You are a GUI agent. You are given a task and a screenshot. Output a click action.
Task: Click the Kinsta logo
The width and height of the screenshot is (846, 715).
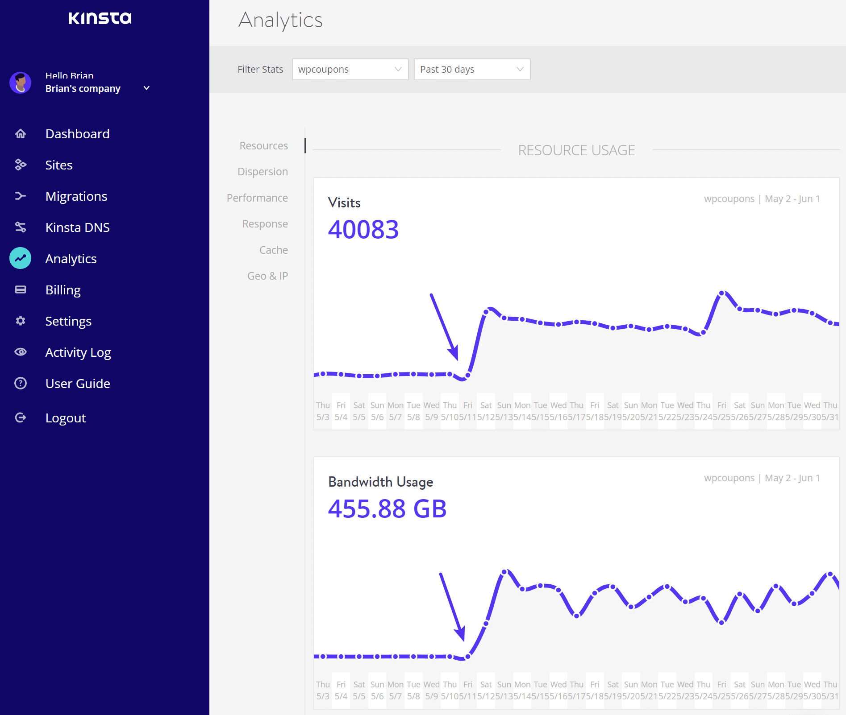[x=100, y=18]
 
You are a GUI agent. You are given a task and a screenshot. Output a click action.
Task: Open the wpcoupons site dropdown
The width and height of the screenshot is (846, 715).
[x=350, y=70]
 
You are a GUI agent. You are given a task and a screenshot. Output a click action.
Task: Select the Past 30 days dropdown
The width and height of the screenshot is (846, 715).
[x=472, y=70]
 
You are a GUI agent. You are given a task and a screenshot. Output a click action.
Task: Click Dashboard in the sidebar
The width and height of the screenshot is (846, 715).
[x=77, y=134]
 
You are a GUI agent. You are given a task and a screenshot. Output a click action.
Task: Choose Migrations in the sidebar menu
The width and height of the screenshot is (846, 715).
[x=76, y=196]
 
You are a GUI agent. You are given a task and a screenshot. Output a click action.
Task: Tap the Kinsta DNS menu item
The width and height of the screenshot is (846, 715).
[x=77, y=227]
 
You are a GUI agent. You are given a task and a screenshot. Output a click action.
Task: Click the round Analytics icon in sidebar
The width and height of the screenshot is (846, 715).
[x=21, y=258]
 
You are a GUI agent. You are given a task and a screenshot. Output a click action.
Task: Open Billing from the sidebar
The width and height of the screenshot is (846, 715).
[x=63, y=290]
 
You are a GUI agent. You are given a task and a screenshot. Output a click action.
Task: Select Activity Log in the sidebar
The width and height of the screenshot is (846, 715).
[x=78, y=352]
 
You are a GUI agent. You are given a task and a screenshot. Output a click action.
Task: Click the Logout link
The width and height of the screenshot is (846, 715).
[x=66, y=418]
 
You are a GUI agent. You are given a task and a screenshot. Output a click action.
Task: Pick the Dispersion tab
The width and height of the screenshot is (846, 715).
[x=263, y=172]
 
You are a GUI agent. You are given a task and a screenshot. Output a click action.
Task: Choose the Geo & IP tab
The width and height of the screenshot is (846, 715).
[x=267, y=276]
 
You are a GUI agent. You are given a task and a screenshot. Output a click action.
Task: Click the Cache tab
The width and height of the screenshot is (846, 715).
[x=273, y=250]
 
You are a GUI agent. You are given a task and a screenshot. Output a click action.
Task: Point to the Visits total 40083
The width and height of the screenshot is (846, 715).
[x=363, y=230]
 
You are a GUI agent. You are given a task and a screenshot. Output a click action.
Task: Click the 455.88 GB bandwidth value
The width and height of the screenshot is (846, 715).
[x=387, y=509]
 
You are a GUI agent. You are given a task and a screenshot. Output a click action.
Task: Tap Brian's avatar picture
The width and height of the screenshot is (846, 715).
[x=21, y=83]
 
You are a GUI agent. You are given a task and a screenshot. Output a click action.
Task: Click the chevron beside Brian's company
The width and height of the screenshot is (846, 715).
[x=146, y=88]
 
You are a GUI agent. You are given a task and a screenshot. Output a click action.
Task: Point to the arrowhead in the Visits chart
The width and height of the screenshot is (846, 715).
[x=454, y=352]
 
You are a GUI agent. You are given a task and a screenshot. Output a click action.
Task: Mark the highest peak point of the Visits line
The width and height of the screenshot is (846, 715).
[x=722, y=293]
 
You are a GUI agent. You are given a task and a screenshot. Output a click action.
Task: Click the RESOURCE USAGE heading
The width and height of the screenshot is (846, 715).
[x=576, y=150]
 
